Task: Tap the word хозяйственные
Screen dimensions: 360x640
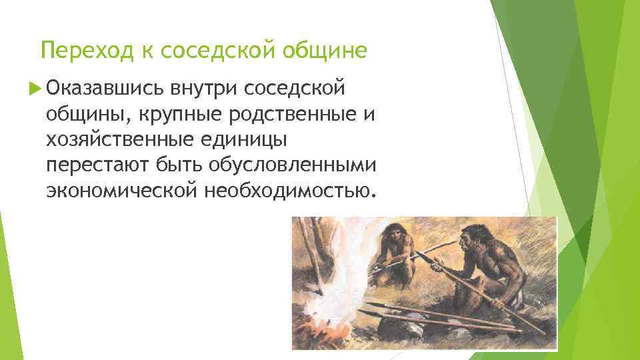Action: (119, 139)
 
